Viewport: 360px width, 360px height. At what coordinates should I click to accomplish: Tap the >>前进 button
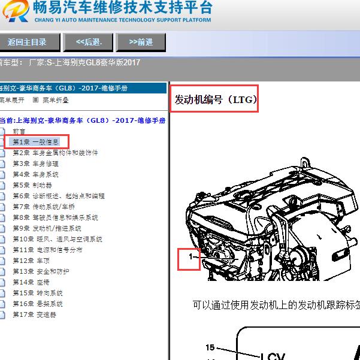point(141,42)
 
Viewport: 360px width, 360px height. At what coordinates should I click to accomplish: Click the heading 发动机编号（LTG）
point(214,99)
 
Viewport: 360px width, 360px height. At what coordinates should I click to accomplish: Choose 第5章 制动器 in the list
point(33,185)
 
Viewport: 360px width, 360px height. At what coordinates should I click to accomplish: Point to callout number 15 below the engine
point(210,347)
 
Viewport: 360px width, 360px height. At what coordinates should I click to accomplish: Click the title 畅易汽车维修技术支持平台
point(123,8)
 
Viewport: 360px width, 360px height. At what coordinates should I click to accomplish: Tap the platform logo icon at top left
point(14,11)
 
